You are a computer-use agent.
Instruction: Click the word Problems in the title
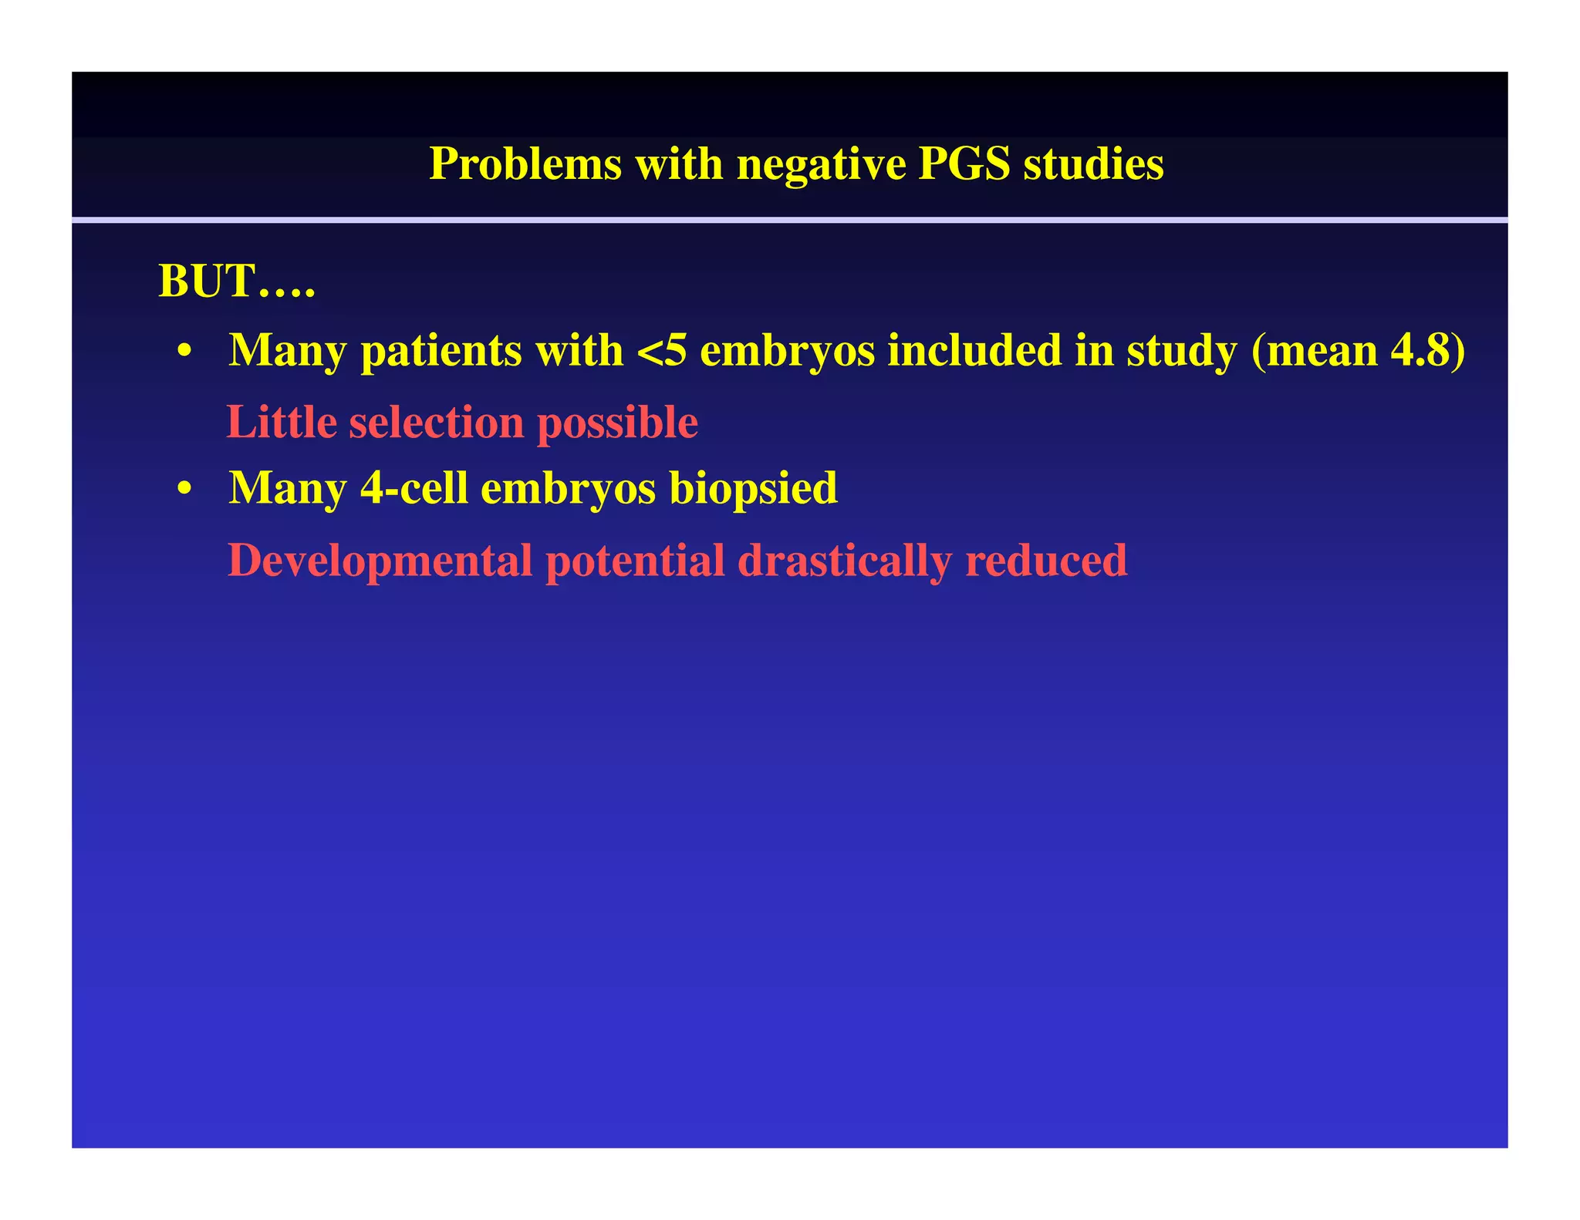click(525, 164)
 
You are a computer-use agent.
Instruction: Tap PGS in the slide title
click(964, 164)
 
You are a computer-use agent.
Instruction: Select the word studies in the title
click(1093, 164)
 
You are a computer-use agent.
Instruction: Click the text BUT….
click(236, 281)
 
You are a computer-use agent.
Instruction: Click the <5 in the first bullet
click(661, 351)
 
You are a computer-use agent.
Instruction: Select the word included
click(1000, 351)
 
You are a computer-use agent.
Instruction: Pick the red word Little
click(282, 423)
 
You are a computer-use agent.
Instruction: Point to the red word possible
click(617, 423)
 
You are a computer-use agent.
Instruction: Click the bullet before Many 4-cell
click(184, 490)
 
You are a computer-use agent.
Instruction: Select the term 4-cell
click(414, 488)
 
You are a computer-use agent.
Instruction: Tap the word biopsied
click(753, 490)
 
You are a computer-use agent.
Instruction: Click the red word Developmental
click(380, 561)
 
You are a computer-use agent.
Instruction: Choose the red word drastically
click(844, 561)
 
